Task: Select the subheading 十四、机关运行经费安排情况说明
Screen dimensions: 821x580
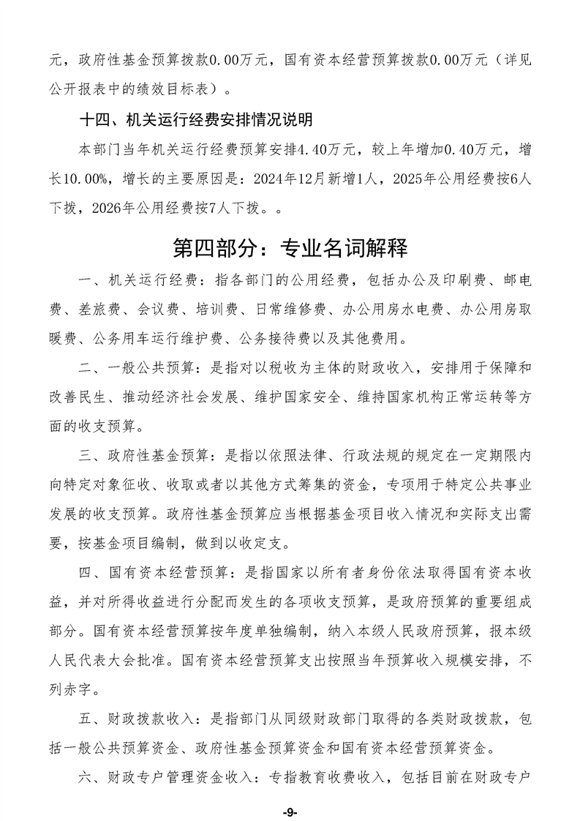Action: tap(196, 118)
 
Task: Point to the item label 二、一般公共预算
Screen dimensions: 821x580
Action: tap(132, 366)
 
